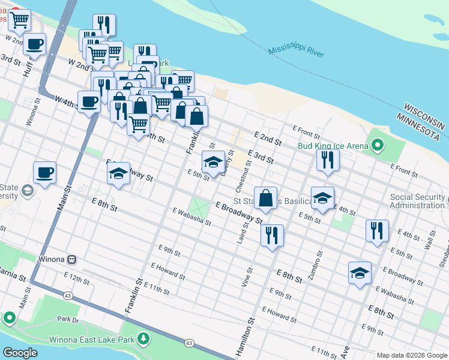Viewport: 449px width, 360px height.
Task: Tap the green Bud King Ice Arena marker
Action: pyautogui.click(x=377, y=145)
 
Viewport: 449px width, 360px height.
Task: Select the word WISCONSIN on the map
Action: pyautogui.click(x=424, y=116)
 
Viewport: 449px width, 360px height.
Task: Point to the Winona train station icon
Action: pyautogui.click(x=71, y=259)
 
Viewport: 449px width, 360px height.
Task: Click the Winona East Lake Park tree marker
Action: pyautogui.click(x=143, y=340)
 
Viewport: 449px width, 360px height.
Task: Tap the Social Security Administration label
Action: pyautogui.click(x=418, y=201)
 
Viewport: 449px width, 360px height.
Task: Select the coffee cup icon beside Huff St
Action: pyautogui.click(x=34, y=44)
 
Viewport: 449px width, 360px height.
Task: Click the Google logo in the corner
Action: pyautogui.click(x=20, y=353)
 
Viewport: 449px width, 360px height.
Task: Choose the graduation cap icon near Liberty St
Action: pyautogui.click(x=213, y=161)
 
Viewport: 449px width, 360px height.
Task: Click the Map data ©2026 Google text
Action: pyautogui.click(x=412, y=355)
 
